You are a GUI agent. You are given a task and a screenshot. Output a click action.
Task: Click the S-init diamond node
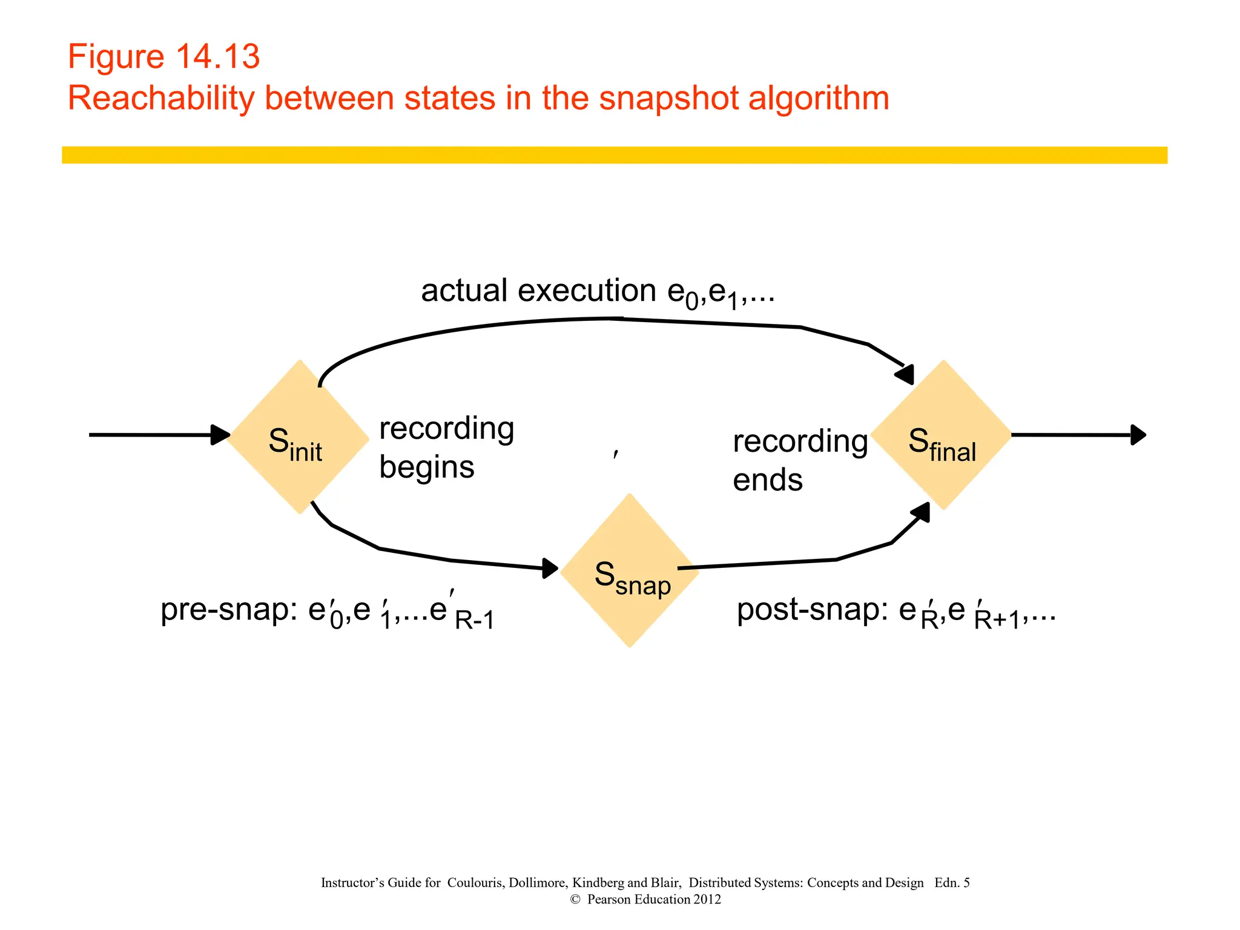tap(298, 437)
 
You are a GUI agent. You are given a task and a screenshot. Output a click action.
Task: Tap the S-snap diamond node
tap(630, 571)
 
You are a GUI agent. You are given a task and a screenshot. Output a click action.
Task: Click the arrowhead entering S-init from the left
tap(220, 435)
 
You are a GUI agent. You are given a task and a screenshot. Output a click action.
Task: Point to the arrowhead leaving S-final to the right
tap(1138, 435)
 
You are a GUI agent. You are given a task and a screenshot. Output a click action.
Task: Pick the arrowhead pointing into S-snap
tap(550, 568)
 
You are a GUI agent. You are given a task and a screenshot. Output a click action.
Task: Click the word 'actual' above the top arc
tap(464, 291)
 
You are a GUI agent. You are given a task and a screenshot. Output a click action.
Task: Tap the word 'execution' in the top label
tap(587, 291)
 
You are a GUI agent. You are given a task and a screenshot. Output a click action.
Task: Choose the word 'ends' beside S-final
tap(768, 480)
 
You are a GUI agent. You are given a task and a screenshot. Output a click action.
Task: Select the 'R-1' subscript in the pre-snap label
tap(474, 621)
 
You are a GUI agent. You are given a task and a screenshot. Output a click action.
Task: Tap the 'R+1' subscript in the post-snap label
tap(997, 621)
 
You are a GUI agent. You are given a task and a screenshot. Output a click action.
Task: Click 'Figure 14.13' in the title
tap(163, 57)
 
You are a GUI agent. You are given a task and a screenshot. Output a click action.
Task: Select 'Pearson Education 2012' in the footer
tap(654, 900)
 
